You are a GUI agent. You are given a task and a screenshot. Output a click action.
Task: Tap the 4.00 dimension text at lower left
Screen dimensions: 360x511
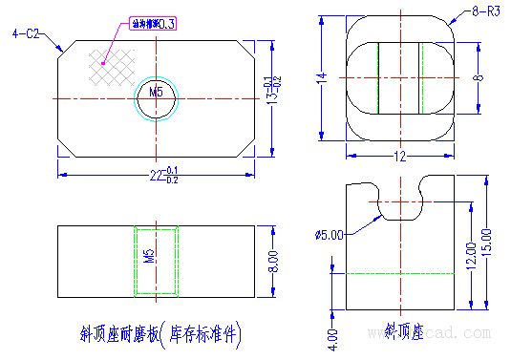(x=330, y=336)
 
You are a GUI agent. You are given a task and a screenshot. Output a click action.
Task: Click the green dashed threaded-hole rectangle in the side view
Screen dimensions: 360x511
(x=156, y=259)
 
